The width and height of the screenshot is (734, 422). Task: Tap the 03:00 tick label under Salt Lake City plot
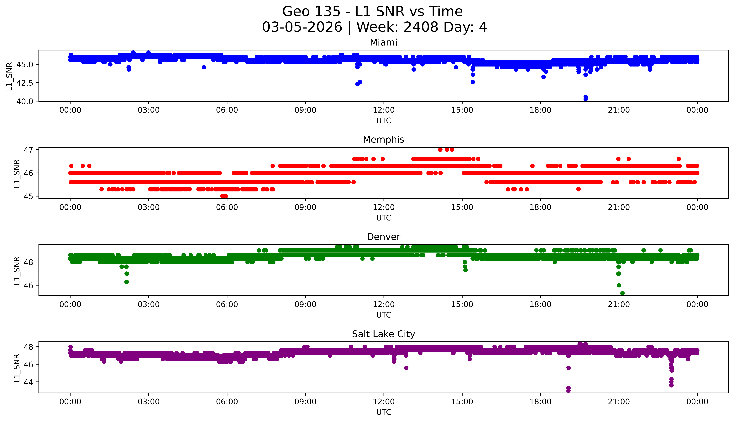(149, 402)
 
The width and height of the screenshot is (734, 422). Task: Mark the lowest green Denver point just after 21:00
(622, 293)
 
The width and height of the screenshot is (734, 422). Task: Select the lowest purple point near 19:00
(568, 390)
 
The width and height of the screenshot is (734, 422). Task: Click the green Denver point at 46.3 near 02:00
(127, 282)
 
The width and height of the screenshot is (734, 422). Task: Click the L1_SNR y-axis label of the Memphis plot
(17, 173)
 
